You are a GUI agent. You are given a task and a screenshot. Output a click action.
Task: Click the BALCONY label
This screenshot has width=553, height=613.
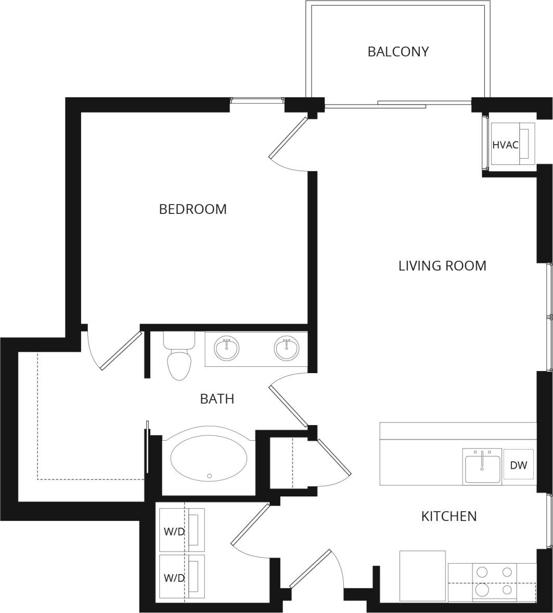coord(398,52)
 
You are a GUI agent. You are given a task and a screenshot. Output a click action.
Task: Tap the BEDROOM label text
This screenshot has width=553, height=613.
coord(192,209)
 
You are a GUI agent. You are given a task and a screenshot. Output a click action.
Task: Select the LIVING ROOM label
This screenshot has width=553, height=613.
coord(442,265)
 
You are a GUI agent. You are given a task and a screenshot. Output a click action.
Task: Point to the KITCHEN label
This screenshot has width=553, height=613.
coord(448,516)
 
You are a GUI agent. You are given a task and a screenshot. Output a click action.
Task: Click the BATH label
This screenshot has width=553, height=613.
coord(217,399)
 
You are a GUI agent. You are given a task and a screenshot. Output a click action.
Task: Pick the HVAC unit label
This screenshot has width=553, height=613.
coord(505,145)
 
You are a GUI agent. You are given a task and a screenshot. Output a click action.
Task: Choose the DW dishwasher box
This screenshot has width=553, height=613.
coord(518,465)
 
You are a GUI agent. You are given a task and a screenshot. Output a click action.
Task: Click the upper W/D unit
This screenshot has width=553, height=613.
coord(182,530)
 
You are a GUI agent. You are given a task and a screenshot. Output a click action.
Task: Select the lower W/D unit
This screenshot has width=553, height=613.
coord(182,577)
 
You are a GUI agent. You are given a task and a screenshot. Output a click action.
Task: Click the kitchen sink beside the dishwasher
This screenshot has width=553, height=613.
coord(482,466)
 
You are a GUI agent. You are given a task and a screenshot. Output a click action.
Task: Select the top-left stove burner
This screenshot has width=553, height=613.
coord(482,572)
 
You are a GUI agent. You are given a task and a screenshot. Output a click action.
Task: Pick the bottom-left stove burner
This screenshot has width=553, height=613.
coord(482,590)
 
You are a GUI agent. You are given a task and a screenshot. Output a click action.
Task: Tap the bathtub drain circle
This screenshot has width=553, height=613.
coord(210,476)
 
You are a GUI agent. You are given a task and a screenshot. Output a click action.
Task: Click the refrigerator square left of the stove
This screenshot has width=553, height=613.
coord(422,576)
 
